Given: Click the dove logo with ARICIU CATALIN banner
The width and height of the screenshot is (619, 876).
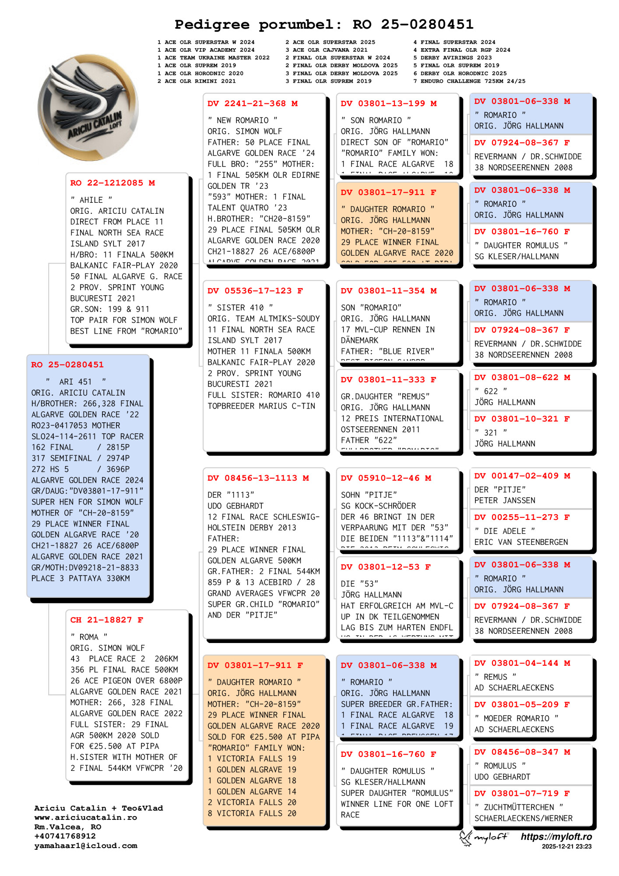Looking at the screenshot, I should [x=88, y=107].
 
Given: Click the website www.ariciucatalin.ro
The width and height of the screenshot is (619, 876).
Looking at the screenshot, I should [x=85, y=817].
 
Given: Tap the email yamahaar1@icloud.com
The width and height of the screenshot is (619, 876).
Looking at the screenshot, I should [x=86, y=846].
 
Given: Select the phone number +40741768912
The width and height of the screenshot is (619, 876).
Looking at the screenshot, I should [x=65, y=836].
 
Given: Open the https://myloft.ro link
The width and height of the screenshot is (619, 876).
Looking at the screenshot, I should [x=556, y=837].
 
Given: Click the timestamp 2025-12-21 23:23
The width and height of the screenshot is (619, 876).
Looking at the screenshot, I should [x=566, y=847].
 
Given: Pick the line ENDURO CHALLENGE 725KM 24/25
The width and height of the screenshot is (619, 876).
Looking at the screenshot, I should [x=473, y=81].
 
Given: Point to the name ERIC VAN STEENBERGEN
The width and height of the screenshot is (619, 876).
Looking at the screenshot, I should [x=521, y=542].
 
